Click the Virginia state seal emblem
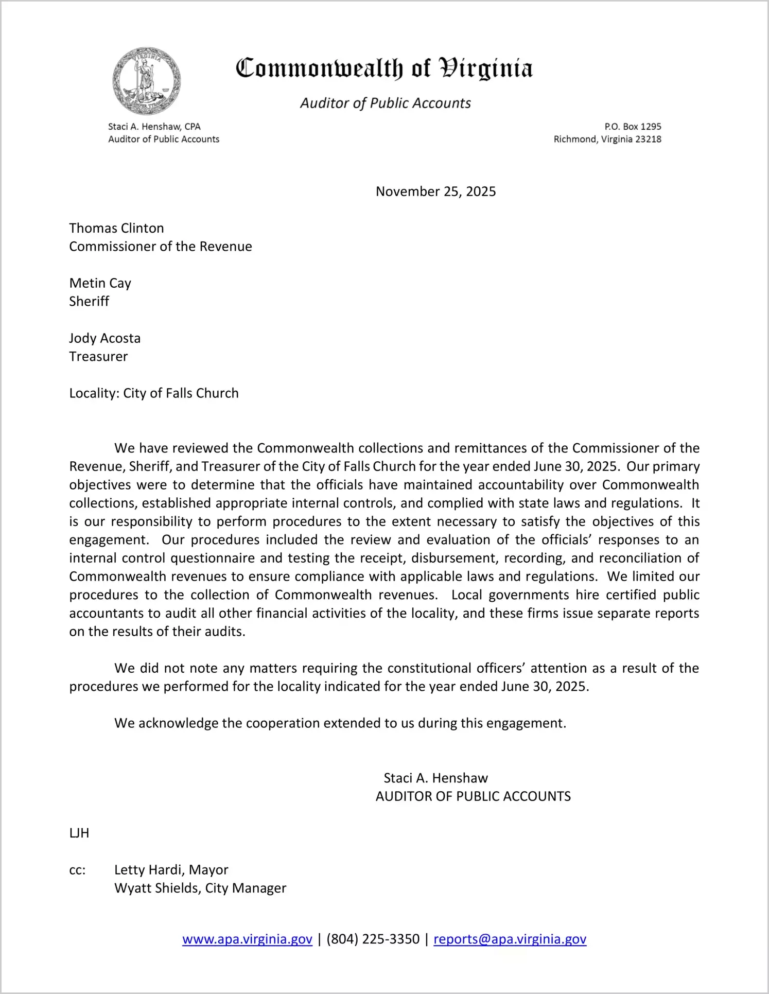(x=147, y=81)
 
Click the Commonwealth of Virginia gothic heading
(x=384, y=68)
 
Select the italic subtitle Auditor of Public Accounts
(x=385, y=103)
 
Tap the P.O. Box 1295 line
(x=633, y=126)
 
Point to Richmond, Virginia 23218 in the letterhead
(x=607, y=139)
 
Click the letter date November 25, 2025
(x=435, y=191)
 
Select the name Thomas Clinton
(x=116, y=228)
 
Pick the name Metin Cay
(x=100, y=283)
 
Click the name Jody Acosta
(x=105, y=338)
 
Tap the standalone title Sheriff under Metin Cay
(x=89, y=301)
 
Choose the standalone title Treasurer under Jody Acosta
(x=98, y=356)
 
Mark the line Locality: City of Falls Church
(x=154, y=393)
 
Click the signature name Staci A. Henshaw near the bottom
(x=435, y=778)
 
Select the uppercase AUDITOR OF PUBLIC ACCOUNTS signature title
(x=473, y=796)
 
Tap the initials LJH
(x=79, y=833)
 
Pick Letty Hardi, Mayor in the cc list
(x=171, y=869)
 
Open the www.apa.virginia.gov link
(x=247, y=939)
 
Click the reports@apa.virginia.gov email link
(x=510, y=939)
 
